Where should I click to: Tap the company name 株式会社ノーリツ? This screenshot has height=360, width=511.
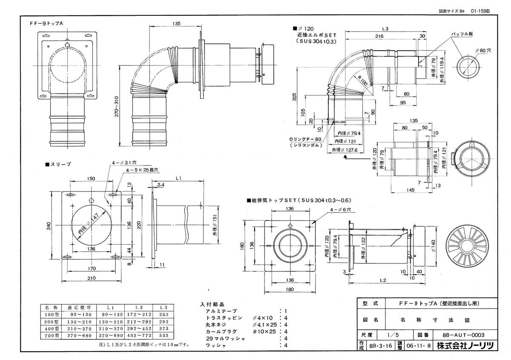465,346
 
